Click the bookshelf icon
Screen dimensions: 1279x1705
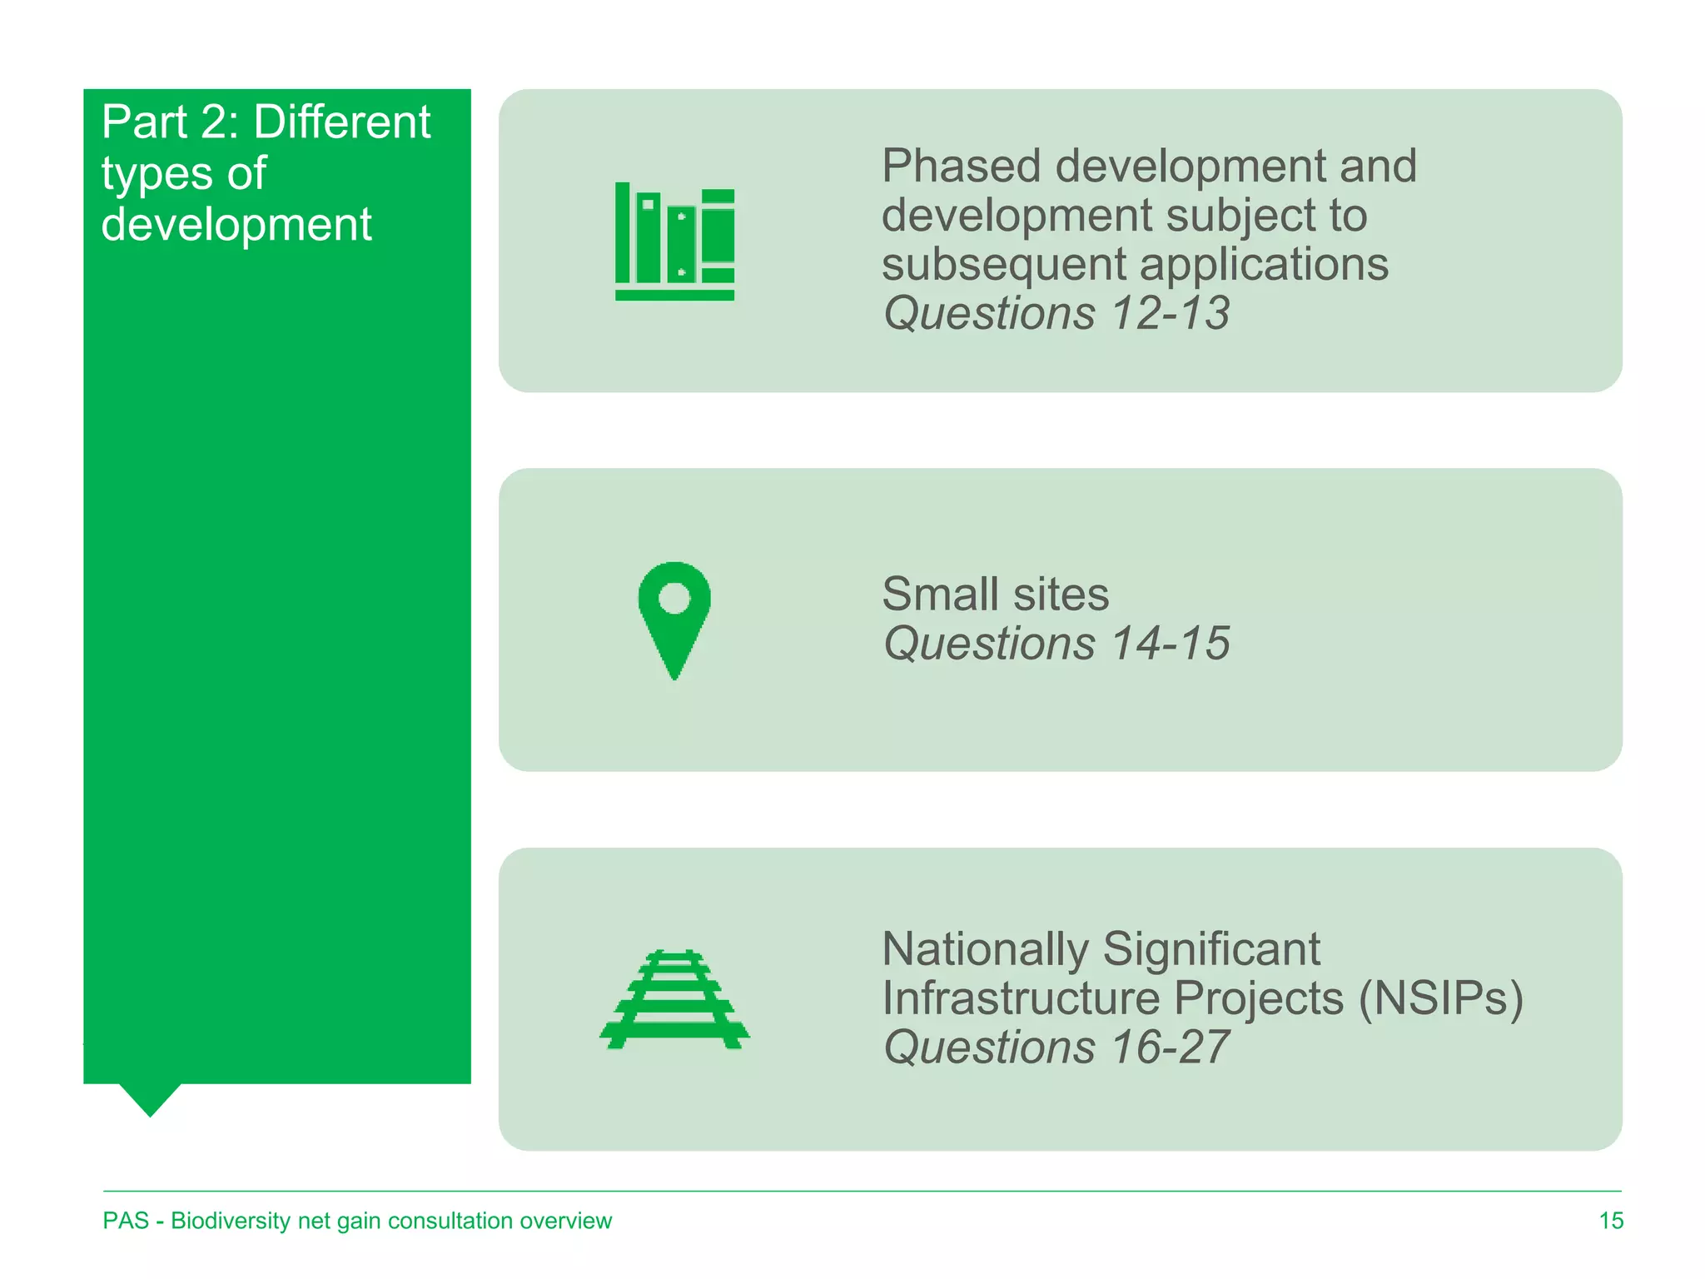pos(674,241)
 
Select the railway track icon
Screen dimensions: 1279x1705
pos(674,999)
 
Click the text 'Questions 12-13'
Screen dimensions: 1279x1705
pos(1056,314)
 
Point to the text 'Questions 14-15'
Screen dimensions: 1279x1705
pos(1056,644)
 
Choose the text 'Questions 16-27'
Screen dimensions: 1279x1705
pos(1056,1048)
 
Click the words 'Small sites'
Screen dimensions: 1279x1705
pos(995,595)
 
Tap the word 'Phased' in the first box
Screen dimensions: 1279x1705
pos(961,167)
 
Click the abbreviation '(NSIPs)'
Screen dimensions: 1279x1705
pos(1440,998)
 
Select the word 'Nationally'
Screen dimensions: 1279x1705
pos(985,949)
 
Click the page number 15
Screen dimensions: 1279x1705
pos(1611,1221)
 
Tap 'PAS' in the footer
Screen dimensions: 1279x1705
pos(126,1221)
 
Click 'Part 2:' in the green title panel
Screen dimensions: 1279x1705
pos(171,122)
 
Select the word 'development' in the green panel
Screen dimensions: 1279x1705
pos(236,225)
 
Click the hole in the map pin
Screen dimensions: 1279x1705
pos(674,597)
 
